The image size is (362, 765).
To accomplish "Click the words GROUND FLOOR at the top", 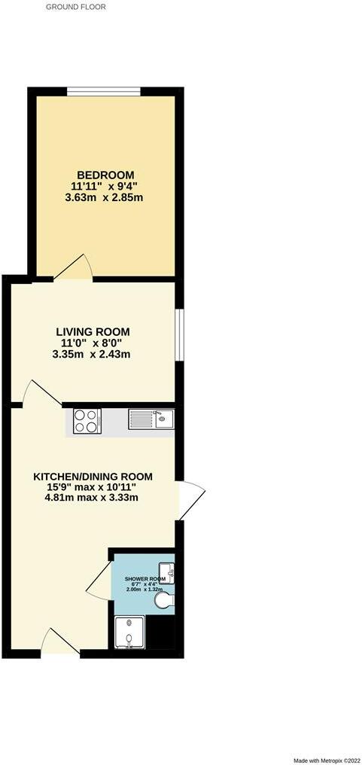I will point(76,7).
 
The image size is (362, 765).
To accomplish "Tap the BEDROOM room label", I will point(105,173).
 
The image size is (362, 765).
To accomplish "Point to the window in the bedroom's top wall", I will point(103,91).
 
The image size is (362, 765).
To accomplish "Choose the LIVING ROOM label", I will point(93,331).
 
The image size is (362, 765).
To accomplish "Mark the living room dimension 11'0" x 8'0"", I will point(93,343).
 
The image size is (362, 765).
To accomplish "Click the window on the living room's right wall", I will point(178,334).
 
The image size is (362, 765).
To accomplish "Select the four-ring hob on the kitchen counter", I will point(87,422).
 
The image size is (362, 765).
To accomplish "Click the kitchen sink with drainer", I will point(151,419).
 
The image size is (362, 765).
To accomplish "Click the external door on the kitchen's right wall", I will point(191,497).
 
